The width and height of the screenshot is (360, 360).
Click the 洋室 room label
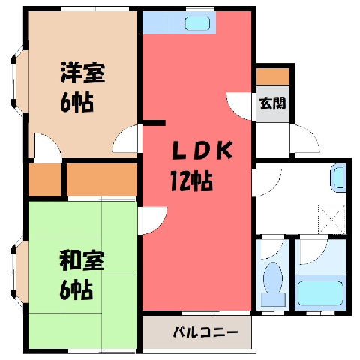[82, 72]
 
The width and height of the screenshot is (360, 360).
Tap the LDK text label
[202, 151]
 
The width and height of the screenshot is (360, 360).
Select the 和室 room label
[82, 260]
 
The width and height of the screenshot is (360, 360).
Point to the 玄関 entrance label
[273, 103]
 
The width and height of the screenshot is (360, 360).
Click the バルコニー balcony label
[205, 332]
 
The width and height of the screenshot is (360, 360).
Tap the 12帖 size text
[191, 181]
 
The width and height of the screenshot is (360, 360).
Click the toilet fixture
[273, 283]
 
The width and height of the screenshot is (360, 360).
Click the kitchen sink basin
[197, 23]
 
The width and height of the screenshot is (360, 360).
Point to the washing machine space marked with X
[332, 220]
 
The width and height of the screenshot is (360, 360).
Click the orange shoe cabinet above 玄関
[273, 76]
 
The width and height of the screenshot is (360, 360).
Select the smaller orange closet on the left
[45, 180]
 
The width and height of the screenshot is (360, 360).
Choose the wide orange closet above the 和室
[102, 180]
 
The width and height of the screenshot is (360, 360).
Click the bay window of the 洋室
[19, 81]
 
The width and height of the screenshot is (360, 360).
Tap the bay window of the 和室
[19, 272]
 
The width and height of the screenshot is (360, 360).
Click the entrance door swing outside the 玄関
[305, 139]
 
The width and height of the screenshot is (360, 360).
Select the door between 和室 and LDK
[153, 220]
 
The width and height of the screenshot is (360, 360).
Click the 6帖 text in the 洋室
[76, 103]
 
